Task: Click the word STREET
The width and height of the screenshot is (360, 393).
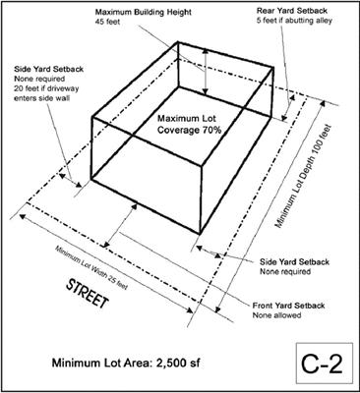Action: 87,294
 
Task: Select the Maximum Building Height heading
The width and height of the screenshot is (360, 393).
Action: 144,13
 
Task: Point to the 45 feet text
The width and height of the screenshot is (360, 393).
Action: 108,23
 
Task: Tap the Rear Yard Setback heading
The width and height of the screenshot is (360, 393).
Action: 292,11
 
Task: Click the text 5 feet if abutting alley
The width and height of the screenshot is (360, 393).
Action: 294,21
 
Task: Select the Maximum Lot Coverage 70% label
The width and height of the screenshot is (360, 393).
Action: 190,124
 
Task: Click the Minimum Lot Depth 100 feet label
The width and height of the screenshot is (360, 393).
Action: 303,177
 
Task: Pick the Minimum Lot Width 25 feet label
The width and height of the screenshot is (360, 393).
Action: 90,267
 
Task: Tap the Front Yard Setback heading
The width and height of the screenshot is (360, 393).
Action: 288,306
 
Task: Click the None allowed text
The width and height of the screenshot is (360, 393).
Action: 276,315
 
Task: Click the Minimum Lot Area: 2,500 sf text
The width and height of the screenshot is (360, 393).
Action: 126,363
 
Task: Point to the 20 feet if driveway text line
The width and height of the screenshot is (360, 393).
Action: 46,88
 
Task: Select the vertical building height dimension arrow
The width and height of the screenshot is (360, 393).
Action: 206,72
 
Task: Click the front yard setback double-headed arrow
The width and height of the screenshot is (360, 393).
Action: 121,225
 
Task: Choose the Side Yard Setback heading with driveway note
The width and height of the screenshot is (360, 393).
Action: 48,69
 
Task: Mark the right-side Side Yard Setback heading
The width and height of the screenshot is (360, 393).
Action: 295,262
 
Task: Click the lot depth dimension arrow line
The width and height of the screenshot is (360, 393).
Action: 270,206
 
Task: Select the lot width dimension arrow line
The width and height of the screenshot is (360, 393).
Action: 106,263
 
